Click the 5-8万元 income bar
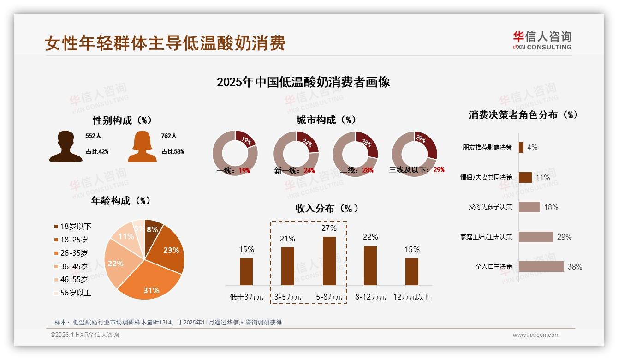click(x=329, y=261)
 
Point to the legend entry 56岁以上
click(x=72, y=293)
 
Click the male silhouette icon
click(x=66, y=147)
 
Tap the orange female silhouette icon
click(x=142, y=147)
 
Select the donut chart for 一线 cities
click(x=235, y=153)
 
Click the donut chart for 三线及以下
click(x=414, y=153)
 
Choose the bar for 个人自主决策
click(x=541, y=266)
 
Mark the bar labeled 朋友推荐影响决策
click(x=521, y=147)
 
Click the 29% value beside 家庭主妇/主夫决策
click(x=564, y=237)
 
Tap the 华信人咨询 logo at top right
click(x=542, y=40)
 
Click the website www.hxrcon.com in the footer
click(x=535, y=335)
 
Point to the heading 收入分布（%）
click(x=327, y=208)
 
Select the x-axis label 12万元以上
click(x=412, y=297)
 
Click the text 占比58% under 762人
click(x=172, y=151)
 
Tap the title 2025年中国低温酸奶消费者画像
click(x=303, y=82)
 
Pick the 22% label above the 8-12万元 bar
click(x=370, y=237)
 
